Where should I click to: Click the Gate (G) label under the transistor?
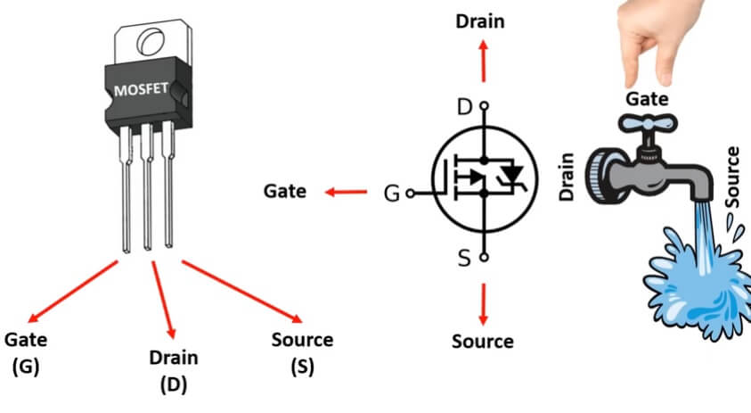point(26,351)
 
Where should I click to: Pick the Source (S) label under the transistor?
point(301,351)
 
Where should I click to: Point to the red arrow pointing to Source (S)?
point(240,290)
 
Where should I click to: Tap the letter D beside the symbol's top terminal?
point(463,107)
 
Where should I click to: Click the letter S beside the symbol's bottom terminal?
point(463,259)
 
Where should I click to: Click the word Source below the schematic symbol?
point(483,341)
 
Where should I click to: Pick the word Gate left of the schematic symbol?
point(285,191)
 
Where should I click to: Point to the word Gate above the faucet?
point(648,95)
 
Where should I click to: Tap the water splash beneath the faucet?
point(695,285)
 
